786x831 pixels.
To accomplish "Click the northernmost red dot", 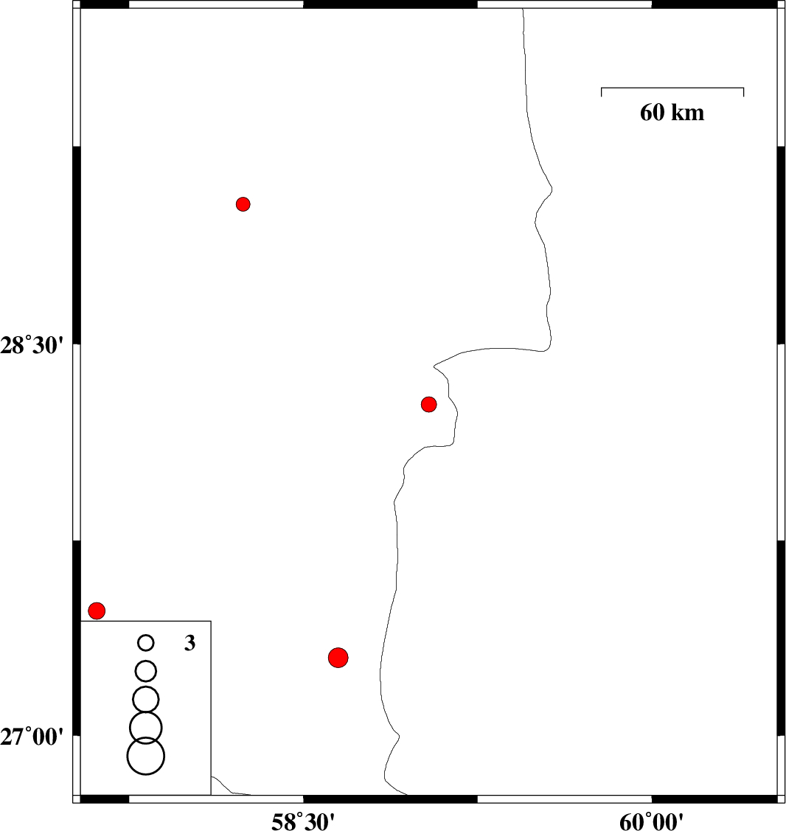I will (x=243, y=204).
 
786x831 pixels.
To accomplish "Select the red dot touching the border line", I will (x=429, y=404).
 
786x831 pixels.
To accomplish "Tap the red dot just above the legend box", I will (x=97, y=611).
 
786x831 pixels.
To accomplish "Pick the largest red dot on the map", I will (x=338, y=657).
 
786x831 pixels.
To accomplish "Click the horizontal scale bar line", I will (x=672, y=88).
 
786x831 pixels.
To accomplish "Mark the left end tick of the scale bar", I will (x=602, y=91).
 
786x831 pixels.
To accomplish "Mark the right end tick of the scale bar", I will (x=743, y=91).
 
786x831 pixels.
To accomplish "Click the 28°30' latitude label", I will (x=33, y=344).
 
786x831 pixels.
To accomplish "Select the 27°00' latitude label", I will (x=33, y=736).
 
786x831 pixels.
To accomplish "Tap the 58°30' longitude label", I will (x=303, y=820).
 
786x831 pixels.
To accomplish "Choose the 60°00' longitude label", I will (x=651, y=820).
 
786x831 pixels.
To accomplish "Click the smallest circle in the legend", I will (x=146, y=643).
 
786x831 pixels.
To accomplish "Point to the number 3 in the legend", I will (x=189, y=644).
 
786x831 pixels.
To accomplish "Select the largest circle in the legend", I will (x=146, y=756).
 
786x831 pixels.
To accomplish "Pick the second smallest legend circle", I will (x=146, y=671).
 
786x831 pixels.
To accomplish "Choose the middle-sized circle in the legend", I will (x=146, y=698).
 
